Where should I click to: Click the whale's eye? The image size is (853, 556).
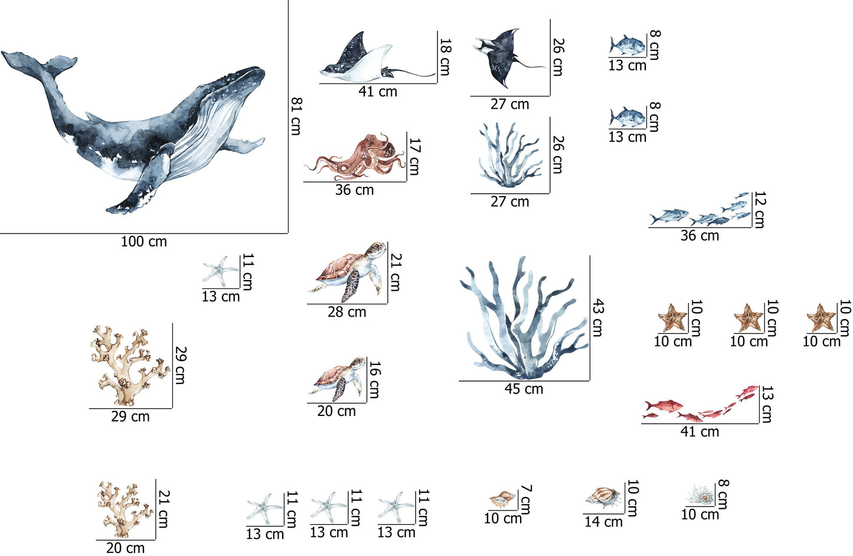click(x=193, y=112)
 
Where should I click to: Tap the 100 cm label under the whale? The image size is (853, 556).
click(x=144, y=242)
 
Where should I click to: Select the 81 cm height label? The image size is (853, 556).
click(x=296, y=116)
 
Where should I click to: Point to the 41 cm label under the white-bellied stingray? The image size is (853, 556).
click(x=378, y=92)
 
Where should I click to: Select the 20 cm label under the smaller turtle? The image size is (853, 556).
click(x=336, y=411)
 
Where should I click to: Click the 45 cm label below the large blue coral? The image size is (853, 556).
click(x=524, y=389)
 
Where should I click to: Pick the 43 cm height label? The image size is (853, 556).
click(x=597, y=318)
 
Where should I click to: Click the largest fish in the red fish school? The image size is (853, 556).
click(x=663, y=405)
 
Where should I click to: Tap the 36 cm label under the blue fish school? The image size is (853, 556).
click(x=700, y=236)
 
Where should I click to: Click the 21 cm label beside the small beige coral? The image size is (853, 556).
click(x=163, y=509)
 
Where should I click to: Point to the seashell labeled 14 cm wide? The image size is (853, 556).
click(x=603, y=498)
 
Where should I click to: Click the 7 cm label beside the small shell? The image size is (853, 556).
click(x=525, y=500)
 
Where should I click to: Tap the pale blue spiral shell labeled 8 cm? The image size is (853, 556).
click(x=701, y=495)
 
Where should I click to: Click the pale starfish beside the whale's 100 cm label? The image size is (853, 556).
click(x=220, y=271)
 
